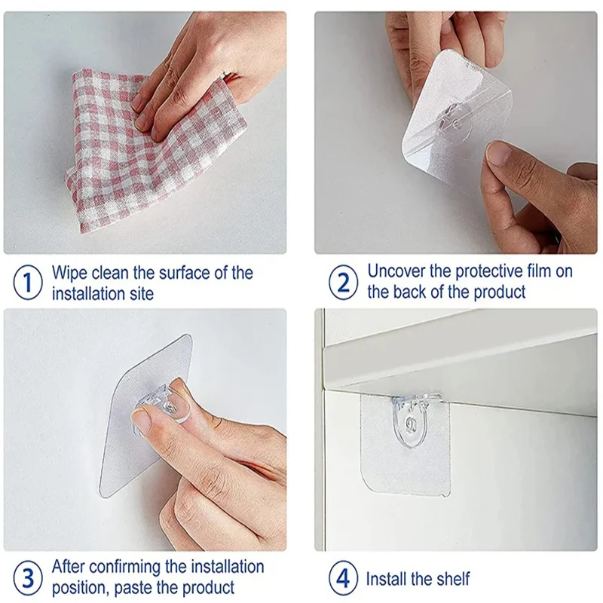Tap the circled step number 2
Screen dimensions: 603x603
point(343,283)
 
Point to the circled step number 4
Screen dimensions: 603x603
point(343,578)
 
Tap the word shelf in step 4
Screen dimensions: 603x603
point(452,579)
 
